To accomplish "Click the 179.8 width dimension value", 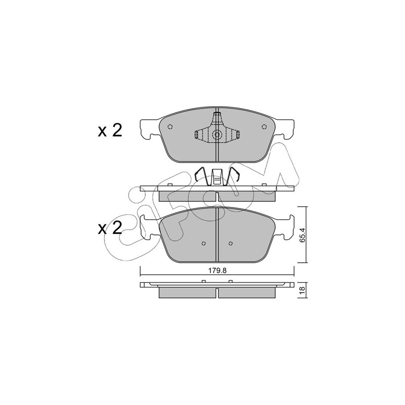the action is coord(217,270).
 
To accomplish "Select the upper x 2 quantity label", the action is coord(110,131).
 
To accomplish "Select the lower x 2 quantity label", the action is coord(110,229).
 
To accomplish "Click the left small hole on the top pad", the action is coord(170,127).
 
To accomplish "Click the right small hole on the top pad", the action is coord(264,127).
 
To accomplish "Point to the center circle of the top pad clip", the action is coord(217,135).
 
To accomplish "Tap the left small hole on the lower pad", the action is coord(204,243).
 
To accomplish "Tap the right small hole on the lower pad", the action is coord(231,243).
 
